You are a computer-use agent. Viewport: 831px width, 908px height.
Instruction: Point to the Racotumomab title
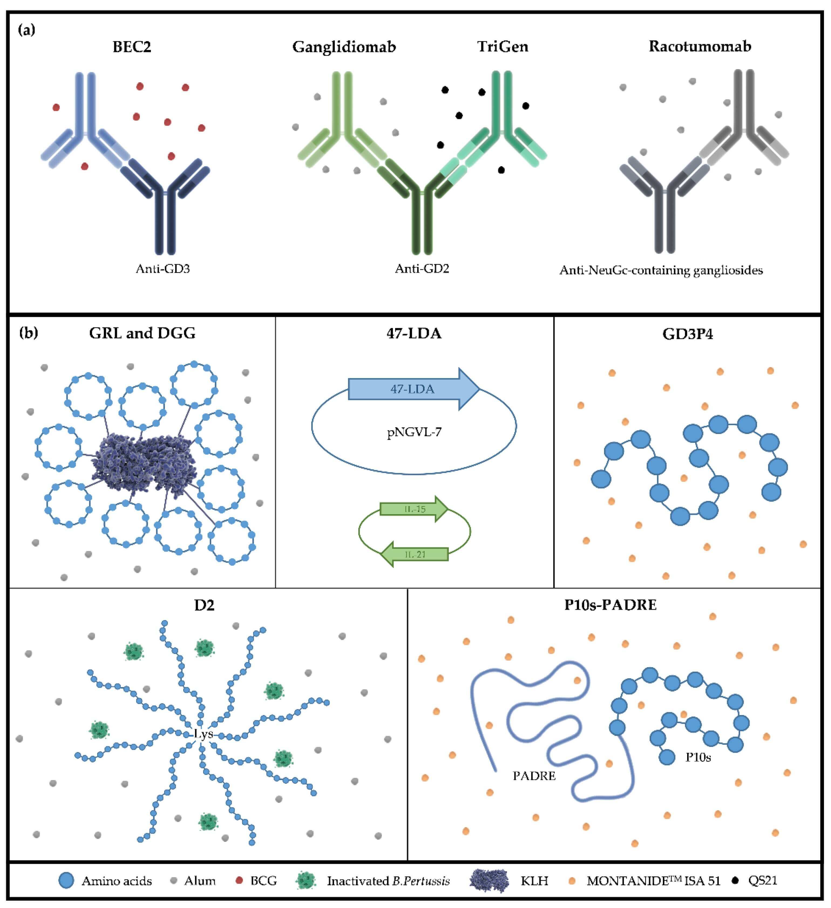[700, 46]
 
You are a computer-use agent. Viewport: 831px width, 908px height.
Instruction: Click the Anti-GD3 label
[162, 269]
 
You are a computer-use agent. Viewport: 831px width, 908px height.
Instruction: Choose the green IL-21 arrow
[414, 554]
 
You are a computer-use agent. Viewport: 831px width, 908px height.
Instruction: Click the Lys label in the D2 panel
[203, 734]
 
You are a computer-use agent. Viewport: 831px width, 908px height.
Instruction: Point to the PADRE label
[534, 775]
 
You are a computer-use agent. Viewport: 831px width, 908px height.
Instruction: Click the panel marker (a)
[26, 30]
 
